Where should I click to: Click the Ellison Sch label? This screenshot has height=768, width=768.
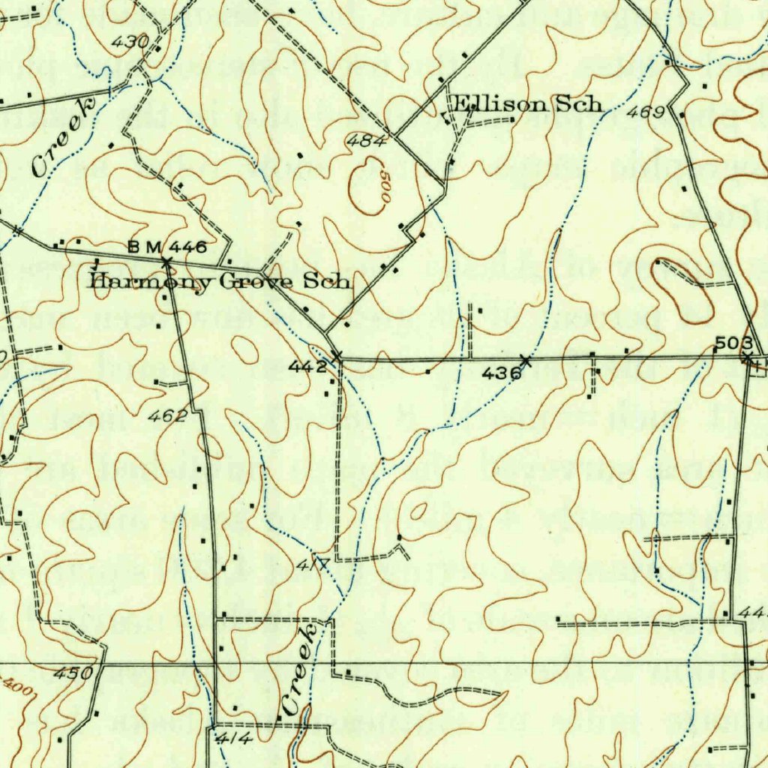point(527,104)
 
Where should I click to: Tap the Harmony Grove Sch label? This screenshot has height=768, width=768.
point(219,282)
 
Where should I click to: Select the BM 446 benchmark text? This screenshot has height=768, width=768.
point(166,247)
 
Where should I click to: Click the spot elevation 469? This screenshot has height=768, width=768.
point(646,112)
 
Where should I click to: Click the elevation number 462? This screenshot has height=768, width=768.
point(167,416)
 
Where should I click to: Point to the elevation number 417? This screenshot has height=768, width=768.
point(313,565)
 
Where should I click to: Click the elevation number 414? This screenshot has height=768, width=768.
point(234,739)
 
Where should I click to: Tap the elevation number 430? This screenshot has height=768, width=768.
point(130,43)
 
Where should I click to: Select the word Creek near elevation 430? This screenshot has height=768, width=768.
point(65,137)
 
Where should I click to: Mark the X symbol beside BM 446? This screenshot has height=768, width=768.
point(166,261)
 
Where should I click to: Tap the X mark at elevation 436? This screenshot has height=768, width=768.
point(525,361)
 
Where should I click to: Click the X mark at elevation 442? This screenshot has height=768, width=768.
point(337,355)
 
